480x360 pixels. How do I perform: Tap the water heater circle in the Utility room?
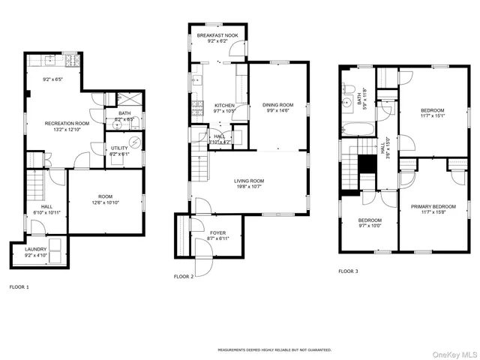pos(135,142)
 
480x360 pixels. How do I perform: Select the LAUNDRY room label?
pos(36,249)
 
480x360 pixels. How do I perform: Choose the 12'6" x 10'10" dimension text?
pos(105,202)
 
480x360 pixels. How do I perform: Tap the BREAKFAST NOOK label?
pos(217,35)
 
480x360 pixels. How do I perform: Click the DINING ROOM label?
pos(277,105)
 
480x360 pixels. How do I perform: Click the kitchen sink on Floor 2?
pos(196,79)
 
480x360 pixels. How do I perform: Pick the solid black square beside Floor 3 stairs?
pos(366,164)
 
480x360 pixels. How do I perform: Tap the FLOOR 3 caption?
pos(348,271)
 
